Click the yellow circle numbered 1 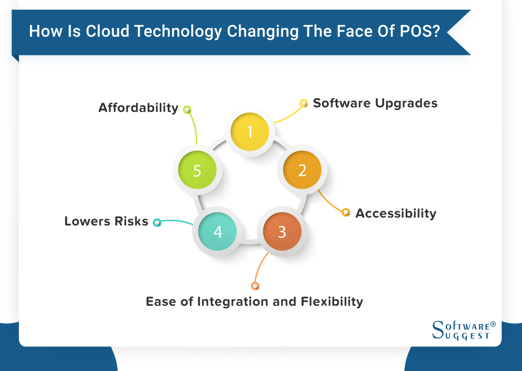coord(249,132)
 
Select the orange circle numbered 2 coord(302,170)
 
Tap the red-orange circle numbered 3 coord(282,232)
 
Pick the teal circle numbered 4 coord(217,232)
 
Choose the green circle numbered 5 coord(197,170)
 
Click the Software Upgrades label coord(375,103)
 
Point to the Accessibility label coord(396,213)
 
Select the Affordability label coord(138,108)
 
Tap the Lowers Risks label coord(106,221)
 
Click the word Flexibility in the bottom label coord(332,302)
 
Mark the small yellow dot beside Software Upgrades coord(304,103)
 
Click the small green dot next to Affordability coord(187,110)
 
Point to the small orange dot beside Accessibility coord(346,213)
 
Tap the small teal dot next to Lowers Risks coord(157,222)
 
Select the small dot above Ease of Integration coord(255,286)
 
